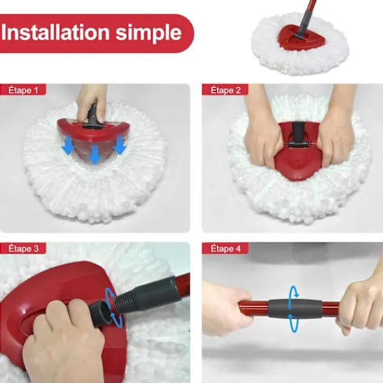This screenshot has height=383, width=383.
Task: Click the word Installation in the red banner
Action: [55, 33]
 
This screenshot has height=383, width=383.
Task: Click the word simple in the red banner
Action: [149, 34]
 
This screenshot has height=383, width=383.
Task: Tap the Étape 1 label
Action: [23, 90]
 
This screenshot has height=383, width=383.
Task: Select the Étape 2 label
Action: [225, 90]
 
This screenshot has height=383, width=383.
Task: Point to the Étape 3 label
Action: [23, 248]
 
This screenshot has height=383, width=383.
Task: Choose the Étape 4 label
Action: [225, 248]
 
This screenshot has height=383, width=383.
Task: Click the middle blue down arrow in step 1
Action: [94, 154]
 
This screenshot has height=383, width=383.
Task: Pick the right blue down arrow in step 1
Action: [120, 145]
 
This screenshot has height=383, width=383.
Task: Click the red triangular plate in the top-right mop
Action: [301, 37]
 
